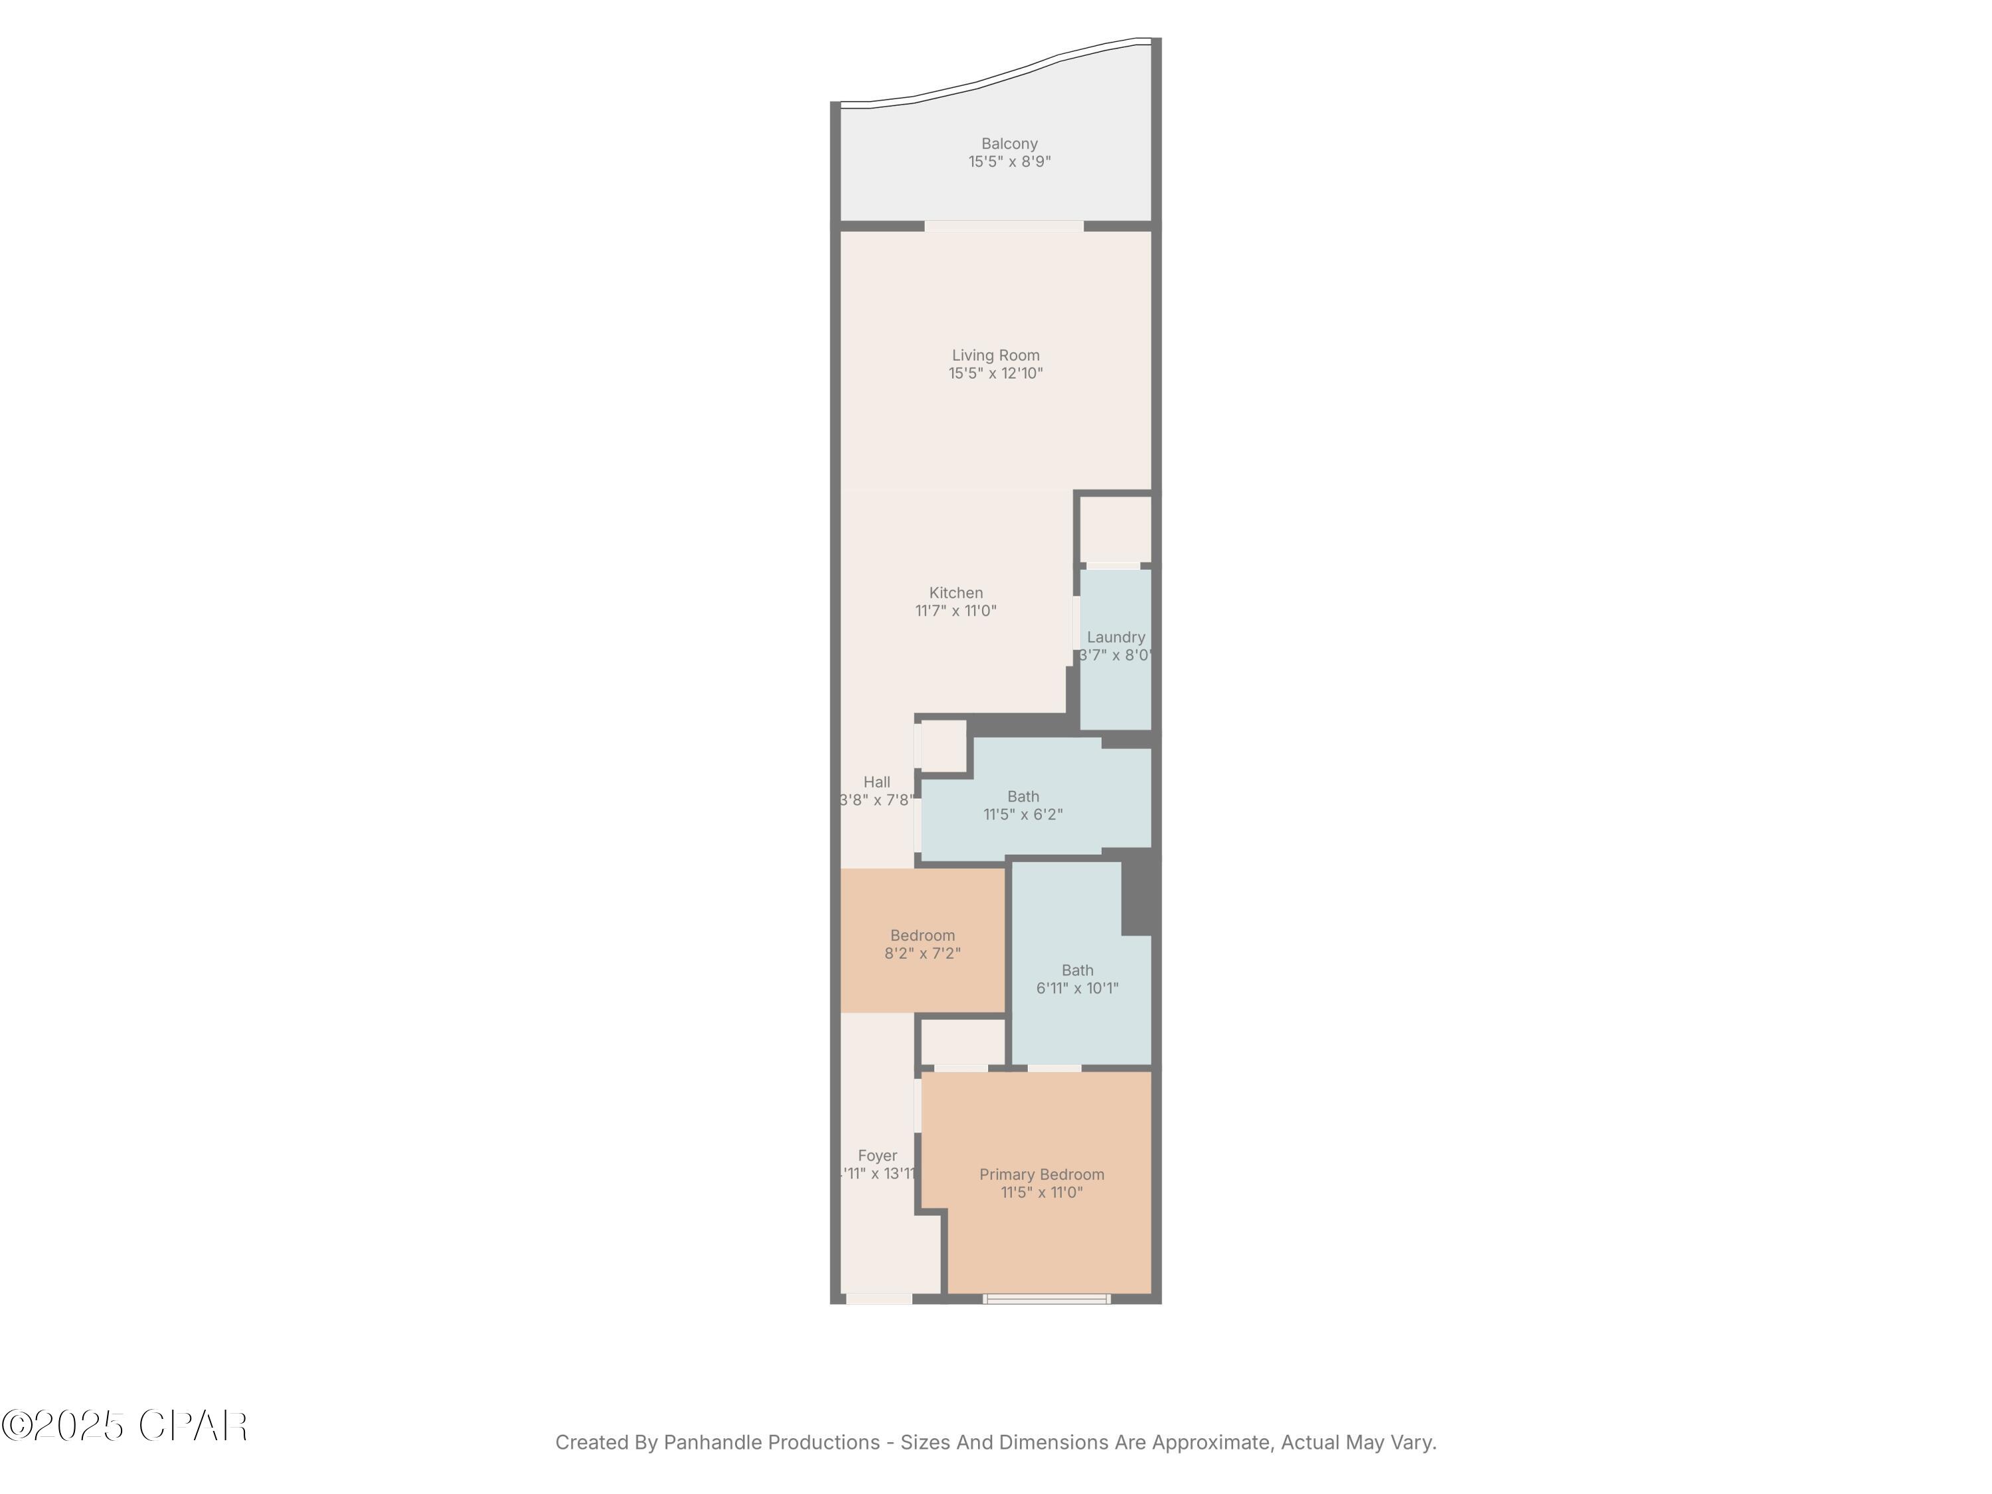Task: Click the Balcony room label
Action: (x=1009, y=143)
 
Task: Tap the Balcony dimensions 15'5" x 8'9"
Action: (x=1009, y=162)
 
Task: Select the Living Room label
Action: (x=995, y=355)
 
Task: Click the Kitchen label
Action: (x=955, y=592)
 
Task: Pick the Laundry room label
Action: (x=1115, y=637)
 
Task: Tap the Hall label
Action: (x=876, y=782)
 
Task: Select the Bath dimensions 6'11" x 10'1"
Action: (x=1077, y=988)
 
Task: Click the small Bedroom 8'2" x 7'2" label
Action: (x=922, y=936)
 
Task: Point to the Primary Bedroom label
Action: (x=1041, y=1175)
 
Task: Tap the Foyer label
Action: (x=877, y=1155)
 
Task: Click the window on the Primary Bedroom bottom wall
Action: (x=1046, y=1299)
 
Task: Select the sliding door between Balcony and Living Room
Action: (x=1003, y=226)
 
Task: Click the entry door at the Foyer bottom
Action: (x=878, y=1299)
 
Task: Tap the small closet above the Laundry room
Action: (x=1115, y=529)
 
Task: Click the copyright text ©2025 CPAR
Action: (x=124, y=1426)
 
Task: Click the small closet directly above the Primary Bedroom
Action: (x=961, y=1042)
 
